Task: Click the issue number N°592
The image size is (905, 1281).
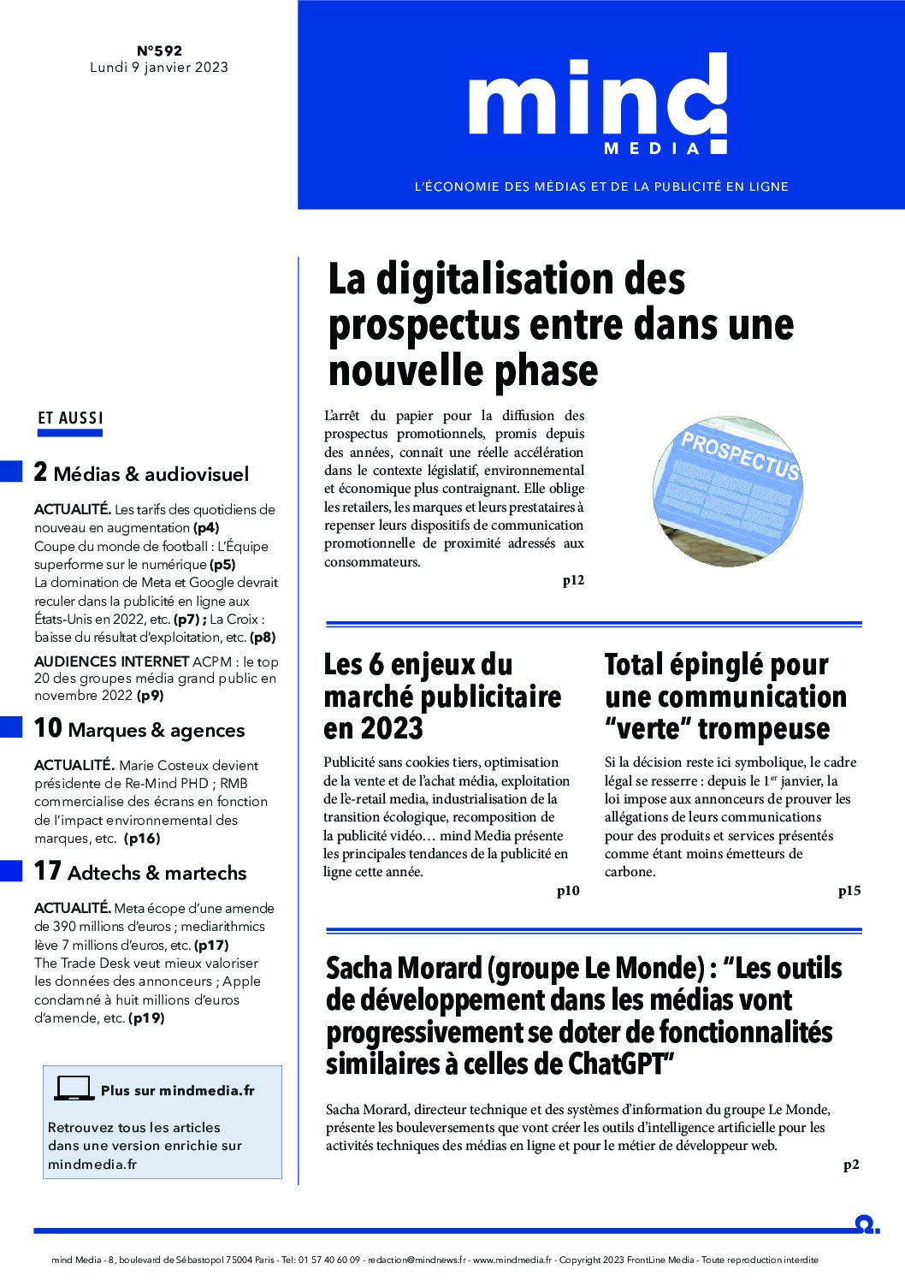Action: click(159, 50)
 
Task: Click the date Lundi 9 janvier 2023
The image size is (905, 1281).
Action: click(159, 68)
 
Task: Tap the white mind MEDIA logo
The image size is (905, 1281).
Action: click(598, 104)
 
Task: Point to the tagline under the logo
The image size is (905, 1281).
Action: click(601, 187)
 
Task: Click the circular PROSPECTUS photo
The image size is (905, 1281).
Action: click(728, 491)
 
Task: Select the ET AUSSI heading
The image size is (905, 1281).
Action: click(70, 418)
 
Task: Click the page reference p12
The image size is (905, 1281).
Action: click(573, 580)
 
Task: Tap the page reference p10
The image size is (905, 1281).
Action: click(568, 891)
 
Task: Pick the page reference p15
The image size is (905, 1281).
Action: click(849, 891)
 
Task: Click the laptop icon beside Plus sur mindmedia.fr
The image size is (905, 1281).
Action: click(74, 1088)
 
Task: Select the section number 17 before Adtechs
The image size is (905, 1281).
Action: click(47, 871)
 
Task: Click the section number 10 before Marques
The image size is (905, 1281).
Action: click(47, 728)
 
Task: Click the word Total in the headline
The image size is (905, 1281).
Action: click(633, 665)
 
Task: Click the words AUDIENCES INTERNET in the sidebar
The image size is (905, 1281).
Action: click(111, 661)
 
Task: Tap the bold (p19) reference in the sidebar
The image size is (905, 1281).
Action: click(146, 1018)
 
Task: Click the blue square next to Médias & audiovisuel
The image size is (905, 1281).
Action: click(11, 471)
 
